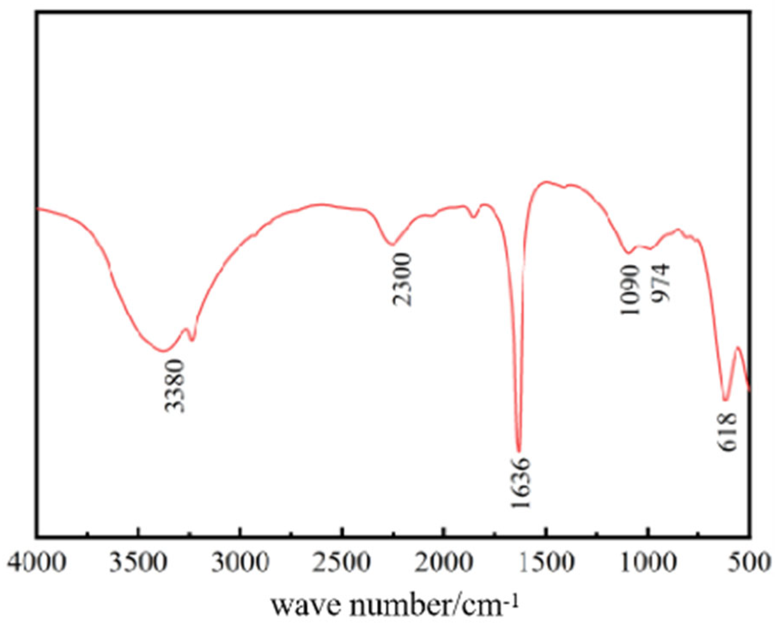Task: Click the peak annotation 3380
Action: coord(175,386)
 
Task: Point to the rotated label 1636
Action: coord(521,483)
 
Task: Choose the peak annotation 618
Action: coord(727,432)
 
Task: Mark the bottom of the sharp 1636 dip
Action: coord(519,451)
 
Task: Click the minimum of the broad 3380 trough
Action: coord(163,351)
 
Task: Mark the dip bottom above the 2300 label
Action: coord(392,245)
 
